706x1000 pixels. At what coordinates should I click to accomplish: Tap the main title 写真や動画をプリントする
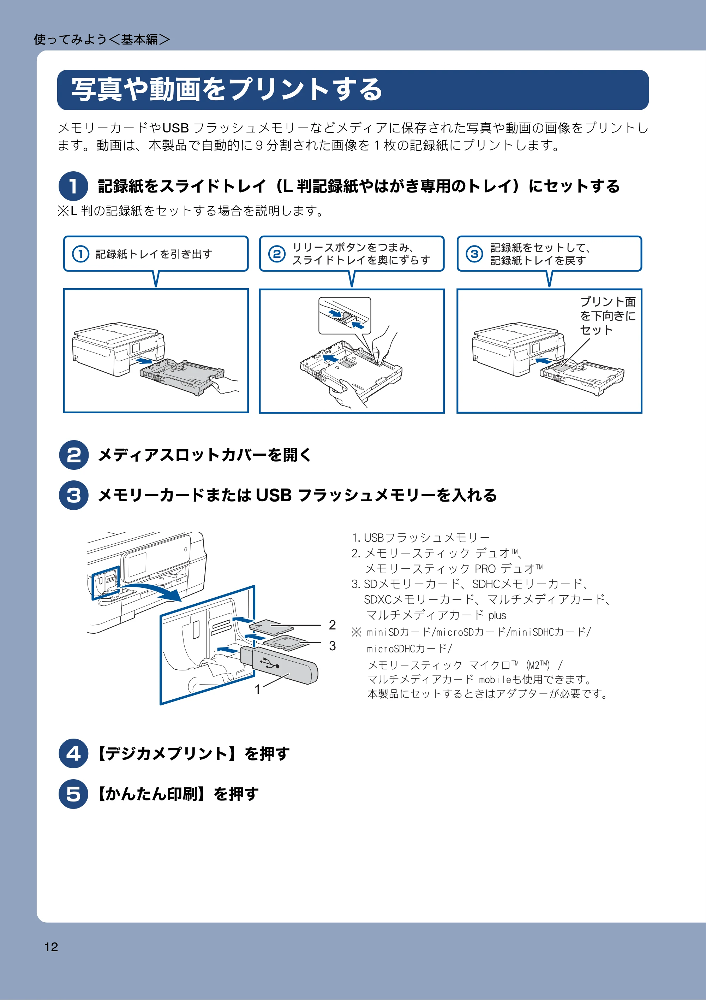click(x=226, y=90)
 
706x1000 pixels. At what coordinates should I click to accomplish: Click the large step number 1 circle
click(x=73, y=186)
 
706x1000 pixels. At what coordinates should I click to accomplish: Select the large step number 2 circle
click(x=73, y=455)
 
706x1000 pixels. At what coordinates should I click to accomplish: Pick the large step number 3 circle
click(x=73, y=495)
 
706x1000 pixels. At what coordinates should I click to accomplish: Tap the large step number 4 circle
click(x=73, y=753)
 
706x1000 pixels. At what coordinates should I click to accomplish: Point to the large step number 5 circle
click(x=73, y=794)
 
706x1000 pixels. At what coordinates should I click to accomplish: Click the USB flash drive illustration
click(x=279, y=665)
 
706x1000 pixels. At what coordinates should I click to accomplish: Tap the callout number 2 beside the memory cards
click(x=332, y=625)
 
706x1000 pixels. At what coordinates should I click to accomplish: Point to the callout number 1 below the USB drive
click(x=258, y=689)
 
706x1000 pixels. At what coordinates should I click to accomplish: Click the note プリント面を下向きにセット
click(x=608, y=315)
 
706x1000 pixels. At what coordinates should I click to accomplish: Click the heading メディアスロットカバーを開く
click(x=205, y=455)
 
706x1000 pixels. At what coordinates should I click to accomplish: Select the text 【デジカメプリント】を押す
click(x=192, y=753)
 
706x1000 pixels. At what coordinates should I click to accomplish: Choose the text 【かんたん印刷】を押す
click(x=176, y=794)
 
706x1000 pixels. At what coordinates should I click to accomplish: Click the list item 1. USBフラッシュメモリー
click(x=421, y=538)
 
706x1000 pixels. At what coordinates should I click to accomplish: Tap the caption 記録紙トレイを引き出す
click(x=154, y=254)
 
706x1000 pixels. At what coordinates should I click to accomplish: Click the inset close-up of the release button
click(x=345, y=316)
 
